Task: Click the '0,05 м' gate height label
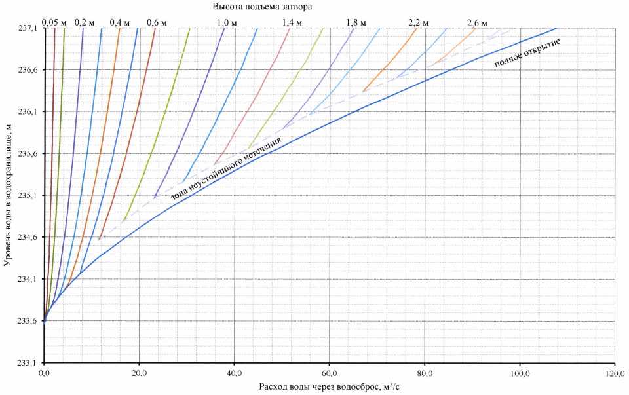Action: click(54, 22)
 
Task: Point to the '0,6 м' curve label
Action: click(157, 22)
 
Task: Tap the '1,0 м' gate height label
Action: click(227, 22)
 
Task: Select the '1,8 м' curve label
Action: click(356, 22)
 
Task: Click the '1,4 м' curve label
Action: click(292, 22)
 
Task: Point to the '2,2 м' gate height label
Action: click(418, 22)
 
